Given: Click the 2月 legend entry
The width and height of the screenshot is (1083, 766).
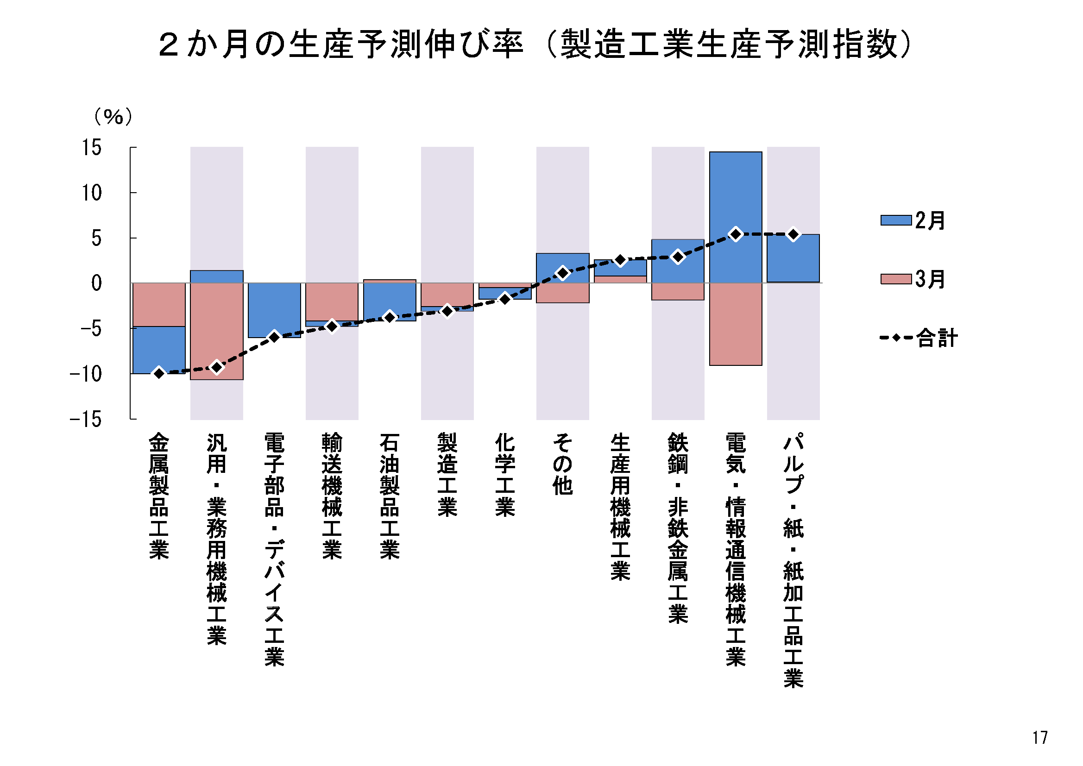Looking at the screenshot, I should click(x=912, y=220).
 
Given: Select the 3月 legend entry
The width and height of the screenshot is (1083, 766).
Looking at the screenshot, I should click(x=912, y=279).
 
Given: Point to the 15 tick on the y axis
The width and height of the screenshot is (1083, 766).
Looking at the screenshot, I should click(x=92, y=148).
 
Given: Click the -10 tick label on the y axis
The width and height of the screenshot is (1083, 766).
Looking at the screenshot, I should click(x=85, y=374).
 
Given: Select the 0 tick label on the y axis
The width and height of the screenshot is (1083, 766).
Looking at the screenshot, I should click(x=96, y=283).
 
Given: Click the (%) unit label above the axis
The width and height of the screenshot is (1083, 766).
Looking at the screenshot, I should click(x=113, y=117).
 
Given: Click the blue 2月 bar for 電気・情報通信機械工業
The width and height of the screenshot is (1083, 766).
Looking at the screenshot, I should click(x=736, y=198).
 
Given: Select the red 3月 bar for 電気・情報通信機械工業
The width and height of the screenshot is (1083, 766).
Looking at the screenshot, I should click(x=736, y=326).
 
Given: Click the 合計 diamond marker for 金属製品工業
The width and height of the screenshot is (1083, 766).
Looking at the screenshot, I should click(x=159, y=373).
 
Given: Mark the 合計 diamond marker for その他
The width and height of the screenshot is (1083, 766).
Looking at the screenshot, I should click(x=562, y=273).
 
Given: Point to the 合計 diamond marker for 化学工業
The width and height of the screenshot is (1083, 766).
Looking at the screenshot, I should click(x=505, y=299).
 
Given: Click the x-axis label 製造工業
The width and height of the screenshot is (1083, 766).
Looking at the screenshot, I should click(x=447, y=475).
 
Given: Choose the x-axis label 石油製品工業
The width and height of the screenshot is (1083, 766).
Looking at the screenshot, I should click(x=389, y=496).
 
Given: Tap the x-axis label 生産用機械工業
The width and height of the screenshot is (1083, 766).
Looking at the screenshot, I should click(x=620, y=507).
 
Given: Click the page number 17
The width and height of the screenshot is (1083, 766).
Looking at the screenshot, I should click(x=1040, y=737).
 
